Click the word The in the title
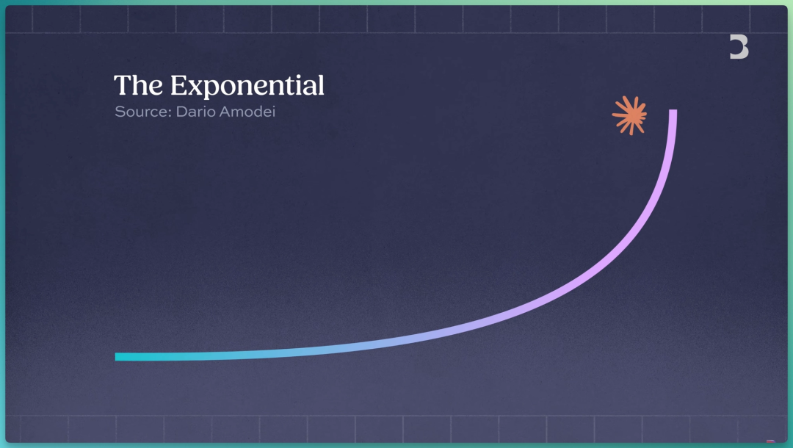(138, 85)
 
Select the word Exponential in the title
(247, 85)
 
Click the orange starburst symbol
(630, 115)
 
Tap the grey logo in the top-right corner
(739, 47)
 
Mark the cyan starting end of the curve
(116, 357)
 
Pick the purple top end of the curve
(673, 111)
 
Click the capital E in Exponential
(178, 85)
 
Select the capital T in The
(123, 85)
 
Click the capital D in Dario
(181, 111)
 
